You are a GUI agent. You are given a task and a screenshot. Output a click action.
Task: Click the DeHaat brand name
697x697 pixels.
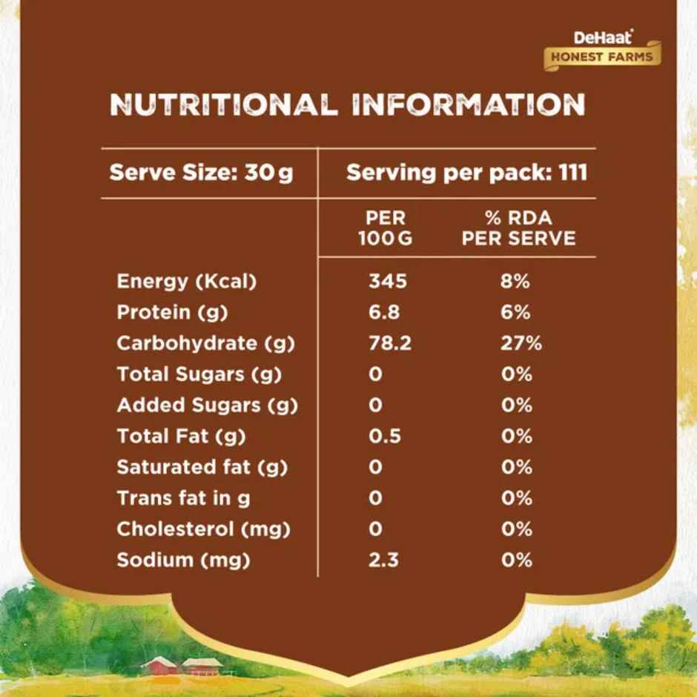coord(602,37)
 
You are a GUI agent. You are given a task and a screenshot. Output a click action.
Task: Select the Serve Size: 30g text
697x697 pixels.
coord(201,174)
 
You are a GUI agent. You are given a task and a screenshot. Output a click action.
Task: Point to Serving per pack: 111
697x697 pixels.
coord(466,174)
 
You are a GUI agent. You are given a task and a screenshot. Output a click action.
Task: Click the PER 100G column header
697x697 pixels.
coord(386,229)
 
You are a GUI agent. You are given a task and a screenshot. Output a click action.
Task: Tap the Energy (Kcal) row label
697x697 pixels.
coord(186,282)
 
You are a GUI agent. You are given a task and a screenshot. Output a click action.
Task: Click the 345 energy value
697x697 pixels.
coord(388,282)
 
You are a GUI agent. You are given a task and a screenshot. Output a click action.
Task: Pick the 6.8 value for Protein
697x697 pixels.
coord(384,312)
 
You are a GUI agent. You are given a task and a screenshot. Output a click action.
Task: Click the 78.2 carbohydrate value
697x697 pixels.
coord(389,343)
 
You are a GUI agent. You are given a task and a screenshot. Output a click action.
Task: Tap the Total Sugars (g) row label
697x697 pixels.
coord(199,374)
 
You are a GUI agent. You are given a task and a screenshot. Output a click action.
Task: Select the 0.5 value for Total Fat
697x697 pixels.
coord(385,436)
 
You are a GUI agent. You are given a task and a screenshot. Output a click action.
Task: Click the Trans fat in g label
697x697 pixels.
coord(183,498)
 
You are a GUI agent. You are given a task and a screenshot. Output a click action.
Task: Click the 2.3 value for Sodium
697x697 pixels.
coord(383,560)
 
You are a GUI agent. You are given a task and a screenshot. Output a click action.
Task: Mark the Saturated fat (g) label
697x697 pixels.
coord(202,467)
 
